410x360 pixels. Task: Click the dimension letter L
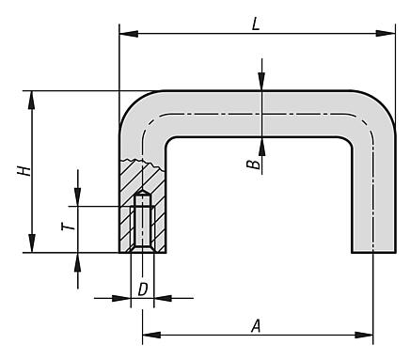[256, 23]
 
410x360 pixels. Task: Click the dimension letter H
[24, 171]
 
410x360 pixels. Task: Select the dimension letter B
[253, 164]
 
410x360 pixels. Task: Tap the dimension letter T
[69, 227]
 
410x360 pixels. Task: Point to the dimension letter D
[143, 290]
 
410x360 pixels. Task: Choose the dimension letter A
[256, 326]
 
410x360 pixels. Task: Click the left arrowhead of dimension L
[129, 33]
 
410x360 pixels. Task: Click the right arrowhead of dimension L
[386, 33]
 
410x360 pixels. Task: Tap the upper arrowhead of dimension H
[31, 101]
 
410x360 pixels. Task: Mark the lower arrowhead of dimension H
[31, 243]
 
